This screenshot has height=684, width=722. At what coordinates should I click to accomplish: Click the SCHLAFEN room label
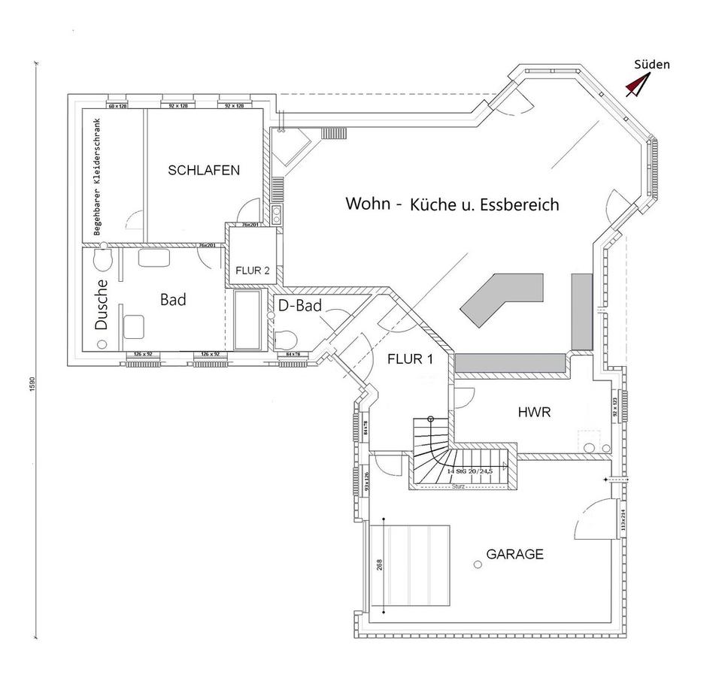tap(204, 170)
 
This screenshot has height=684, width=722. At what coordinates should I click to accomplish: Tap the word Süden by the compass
tap(651, 65)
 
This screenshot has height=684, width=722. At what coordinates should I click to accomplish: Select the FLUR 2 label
tap(252, 271)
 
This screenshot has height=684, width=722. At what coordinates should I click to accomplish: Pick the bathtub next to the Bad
tap(247, 320)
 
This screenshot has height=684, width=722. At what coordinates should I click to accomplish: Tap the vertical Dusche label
tap(103, 304)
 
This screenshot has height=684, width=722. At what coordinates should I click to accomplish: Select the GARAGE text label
tap(514, 554)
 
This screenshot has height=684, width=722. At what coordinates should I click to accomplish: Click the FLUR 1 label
tap(410, 359)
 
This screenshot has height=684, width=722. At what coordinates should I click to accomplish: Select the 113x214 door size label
tap(623, 519)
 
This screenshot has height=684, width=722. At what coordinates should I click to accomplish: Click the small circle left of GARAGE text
tap(477, 563)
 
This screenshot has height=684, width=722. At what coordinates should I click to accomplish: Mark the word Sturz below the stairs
tap(459, 486)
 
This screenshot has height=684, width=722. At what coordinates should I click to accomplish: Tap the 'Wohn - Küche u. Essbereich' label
tap(451, 204)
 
